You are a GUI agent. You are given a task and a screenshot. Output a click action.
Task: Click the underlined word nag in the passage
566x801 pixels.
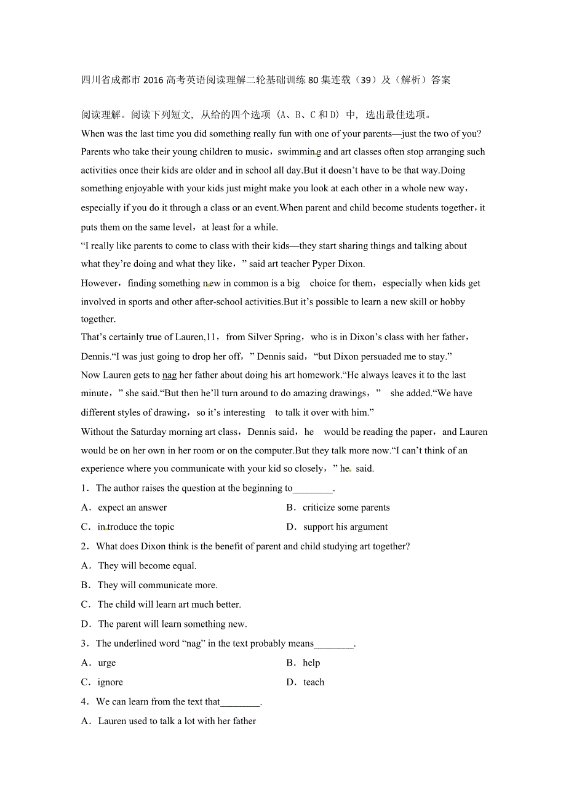pos(169,375)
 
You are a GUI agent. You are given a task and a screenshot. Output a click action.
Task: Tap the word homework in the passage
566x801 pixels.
pos(319,375)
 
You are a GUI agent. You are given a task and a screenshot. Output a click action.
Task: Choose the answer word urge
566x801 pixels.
pos(106,663)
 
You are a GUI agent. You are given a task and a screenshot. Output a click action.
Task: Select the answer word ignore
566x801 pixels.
pos(110,682)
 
